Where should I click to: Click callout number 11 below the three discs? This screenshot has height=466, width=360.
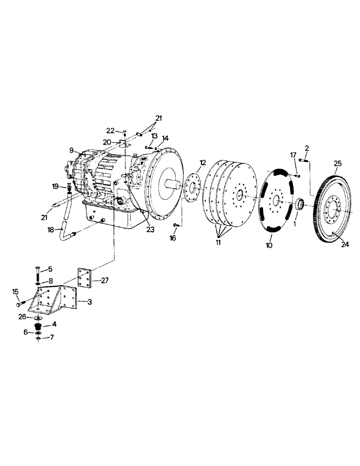click(x=218, y=243)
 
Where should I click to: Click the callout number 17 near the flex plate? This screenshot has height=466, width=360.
click(x=292, y=155)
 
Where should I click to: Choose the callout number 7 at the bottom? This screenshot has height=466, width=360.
click(x=52, y=337)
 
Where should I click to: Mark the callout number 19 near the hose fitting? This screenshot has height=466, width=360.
click(x=55, y=187)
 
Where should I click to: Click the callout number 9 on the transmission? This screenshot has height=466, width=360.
click(x=72, y=150)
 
